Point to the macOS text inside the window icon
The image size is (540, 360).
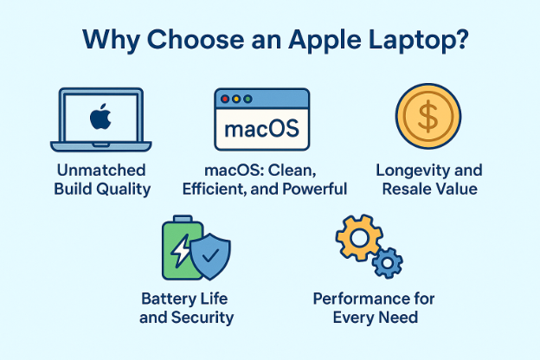tap(260, 131)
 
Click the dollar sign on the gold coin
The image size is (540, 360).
tap(428, 119)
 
